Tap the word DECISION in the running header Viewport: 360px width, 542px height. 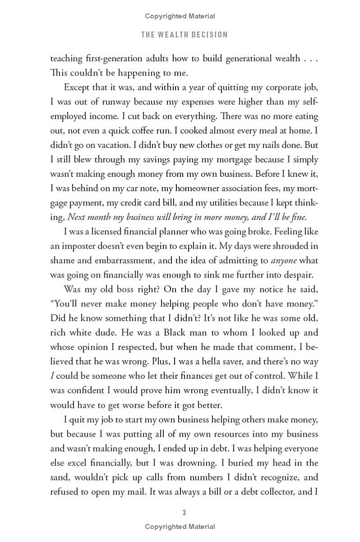(x=210, y=35)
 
